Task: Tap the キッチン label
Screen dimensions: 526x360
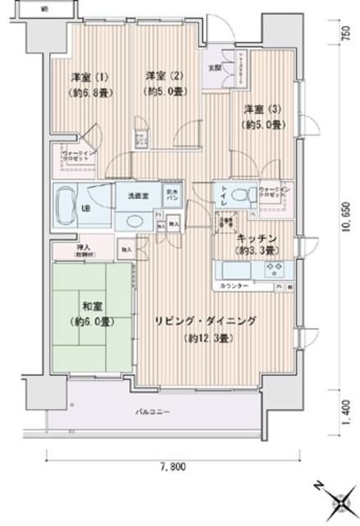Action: [256, 238]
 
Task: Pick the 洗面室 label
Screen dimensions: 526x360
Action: [137, 196]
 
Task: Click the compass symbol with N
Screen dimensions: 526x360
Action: [337, 499]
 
